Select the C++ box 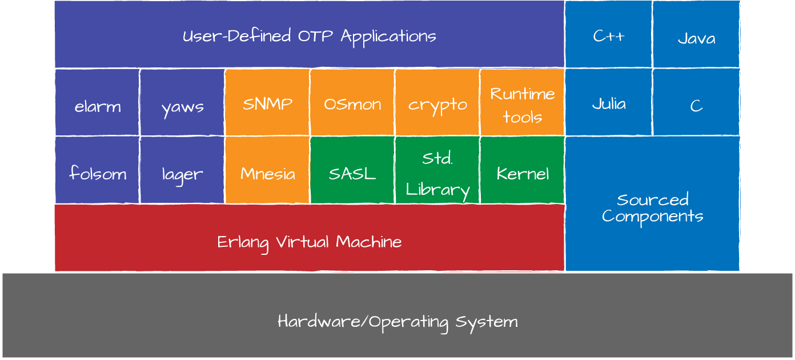[608, 35]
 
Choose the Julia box [608, 103]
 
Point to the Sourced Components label [652, 208]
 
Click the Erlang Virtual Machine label [310, 242]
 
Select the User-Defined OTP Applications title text [310, 36]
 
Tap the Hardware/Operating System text [397, 321]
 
